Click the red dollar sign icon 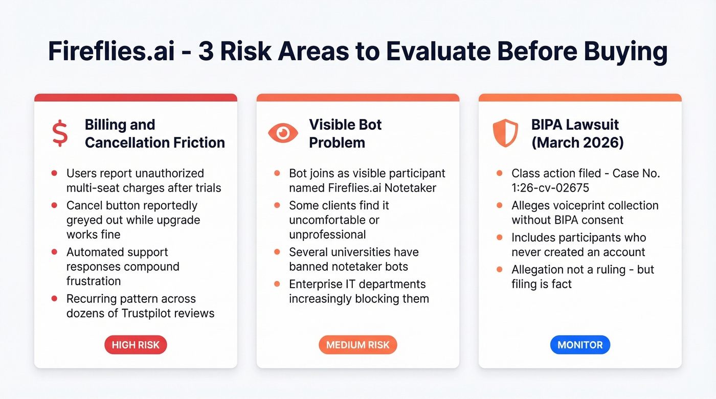(x=60, y=133)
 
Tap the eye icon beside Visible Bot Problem (x=283, y=133)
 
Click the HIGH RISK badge (x=136, y=345)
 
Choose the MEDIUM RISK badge (x=357, y=345)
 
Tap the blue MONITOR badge (x=580, y=345)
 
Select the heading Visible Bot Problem (x=345, y=133)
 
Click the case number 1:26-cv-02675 (x=550, y=188)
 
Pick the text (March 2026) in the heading (x=577, y=143)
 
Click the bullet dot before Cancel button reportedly (x=54, y=205)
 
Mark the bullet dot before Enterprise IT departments (x=277, y=284)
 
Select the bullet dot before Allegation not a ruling (x=499, y=270)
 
